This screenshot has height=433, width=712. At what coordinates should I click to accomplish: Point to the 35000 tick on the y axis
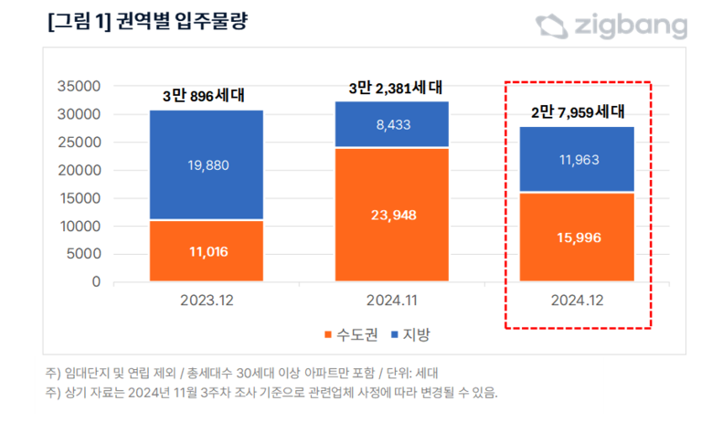coord(79,87)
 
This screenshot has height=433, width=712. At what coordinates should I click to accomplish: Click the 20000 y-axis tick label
coord(79,171)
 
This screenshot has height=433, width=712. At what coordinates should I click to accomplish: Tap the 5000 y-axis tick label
coord(82,254)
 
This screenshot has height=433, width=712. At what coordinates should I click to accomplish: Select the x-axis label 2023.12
coord(207,299)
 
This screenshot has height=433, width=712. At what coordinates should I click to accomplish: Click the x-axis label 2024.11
coord(391,299)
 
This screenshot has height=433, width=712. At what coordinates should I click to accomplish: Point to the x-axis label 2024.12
coord(576,299)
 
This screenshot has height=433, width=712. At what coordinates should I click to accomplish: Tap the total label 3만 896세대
coord(207,96)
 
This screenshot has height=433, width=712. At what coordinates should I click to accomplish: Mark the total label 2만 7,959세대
coord(578,113)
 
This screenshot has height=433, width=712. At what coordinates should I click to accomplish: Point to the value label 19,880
coord(207,164)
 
